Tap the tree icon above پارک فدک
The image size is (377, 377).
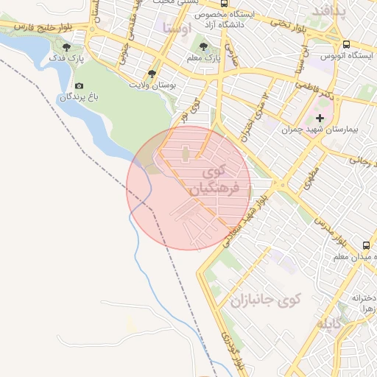point(67,46)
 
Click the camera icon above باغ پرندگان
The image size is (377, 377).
point(79,85)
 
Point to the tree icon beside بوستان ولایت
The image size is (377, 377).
point(152,74)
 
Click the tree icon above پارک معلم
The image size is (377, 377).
point(203,46)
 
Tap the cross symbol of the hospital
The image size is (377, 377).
point(320,118)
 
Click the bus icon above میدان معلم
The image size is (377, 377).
point(366,245)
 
